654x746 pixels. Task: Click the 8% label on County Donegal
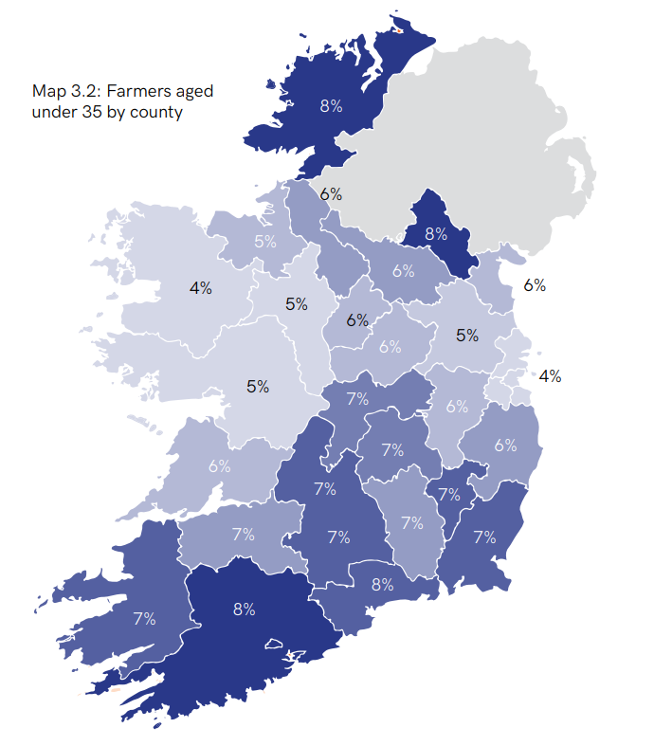click(331, 106)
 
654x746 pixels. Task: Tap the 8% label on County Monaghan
click(436, 233)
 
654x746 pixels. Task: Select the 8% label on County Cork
click(244, 610)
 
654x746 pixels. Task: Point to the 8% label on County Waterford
click(382, 585)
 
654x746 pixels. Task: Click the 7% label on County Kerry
click(144, 619)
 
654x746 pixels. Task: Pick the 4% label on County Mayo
click(200, 288)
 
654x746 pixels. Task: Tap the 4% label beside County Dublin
click(550, 376)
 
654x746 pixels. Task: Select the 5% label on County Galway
click(258, 387)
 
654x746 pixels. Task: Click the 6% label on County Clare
click(220, 466)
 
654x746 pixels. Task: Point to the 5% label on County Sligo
click(265, 242)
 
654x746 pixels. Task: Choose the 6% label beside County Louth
click(535, 285)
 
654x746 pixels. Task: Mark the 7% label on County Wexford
click(484, 537)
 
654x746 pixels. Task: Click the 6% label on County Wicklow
click(505, 446)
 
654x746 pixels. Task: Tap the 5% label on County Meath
click(467, 335)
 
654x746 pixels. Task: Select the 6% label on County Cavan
click(404, 271)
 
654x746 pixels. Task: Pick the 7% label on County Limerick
click(244, 535)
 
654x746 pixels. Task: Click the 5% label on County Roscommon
click(297, 304)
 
